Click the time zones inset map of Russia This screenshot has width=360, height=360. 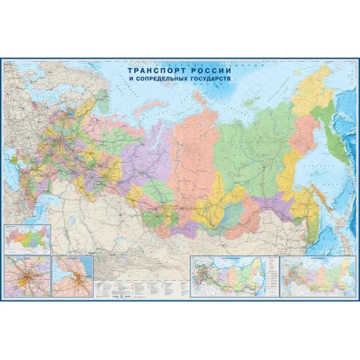27,238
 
